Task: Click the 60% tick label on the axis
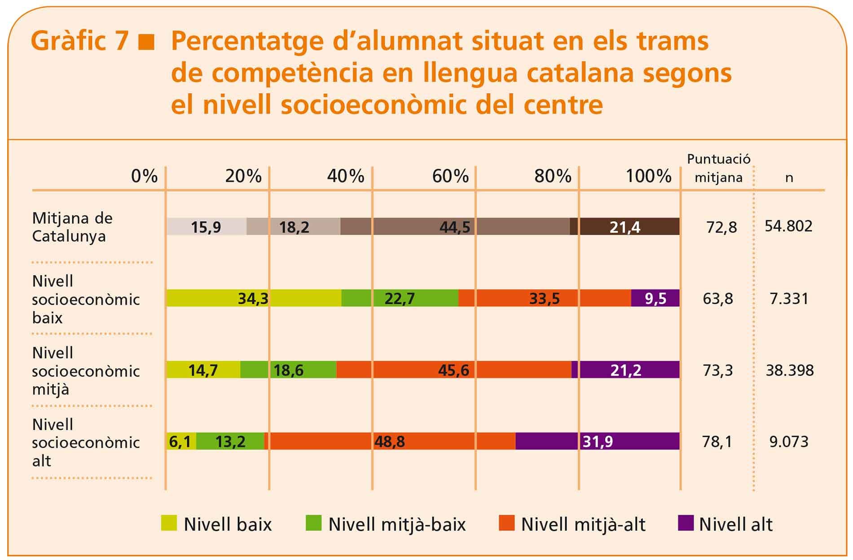click(450, 176)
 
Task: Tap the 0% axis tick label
click(144, 176)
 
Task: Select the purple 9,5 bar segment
click(655, 298)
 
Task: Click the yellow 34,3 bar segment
click(254, 298)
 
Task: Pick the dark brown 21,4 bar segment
click(624, 227)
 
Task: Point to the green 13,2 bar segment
click(230, 442)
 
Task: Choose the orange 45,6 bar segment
click(453, 370)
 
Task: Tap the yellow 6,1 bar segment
click(180, 442)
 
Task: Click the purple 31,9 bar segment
click(597, 442)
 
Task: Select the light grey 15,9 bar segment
click(206, 227)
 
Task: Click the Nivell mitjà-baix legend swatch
click(313, 523)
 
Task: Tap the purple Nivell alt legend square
click(686, 523)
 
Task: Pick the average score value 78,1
click(717, 442)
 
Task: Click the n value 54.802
click(788, 226)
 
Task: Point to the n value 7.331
click(789, 298)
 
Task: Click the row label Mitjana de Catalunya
click(72, 227)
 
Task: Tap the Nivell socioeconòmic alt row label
click(85, 443)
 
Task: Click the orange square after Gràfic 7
click(146, 42)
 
